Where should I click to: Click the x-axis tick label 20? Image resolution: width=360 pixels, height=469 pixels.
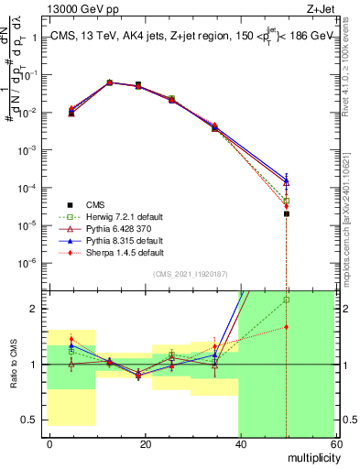[145, 444]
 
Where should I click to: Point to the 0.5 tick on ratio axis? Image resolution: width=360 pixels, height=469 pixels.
[33, 420]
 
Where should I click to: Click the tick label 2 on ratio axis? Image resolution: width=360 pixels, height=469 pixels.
[38, 309]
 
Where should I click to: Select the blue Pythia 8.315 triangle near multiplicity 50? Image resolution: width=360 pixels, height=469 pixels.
[287, 181]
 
